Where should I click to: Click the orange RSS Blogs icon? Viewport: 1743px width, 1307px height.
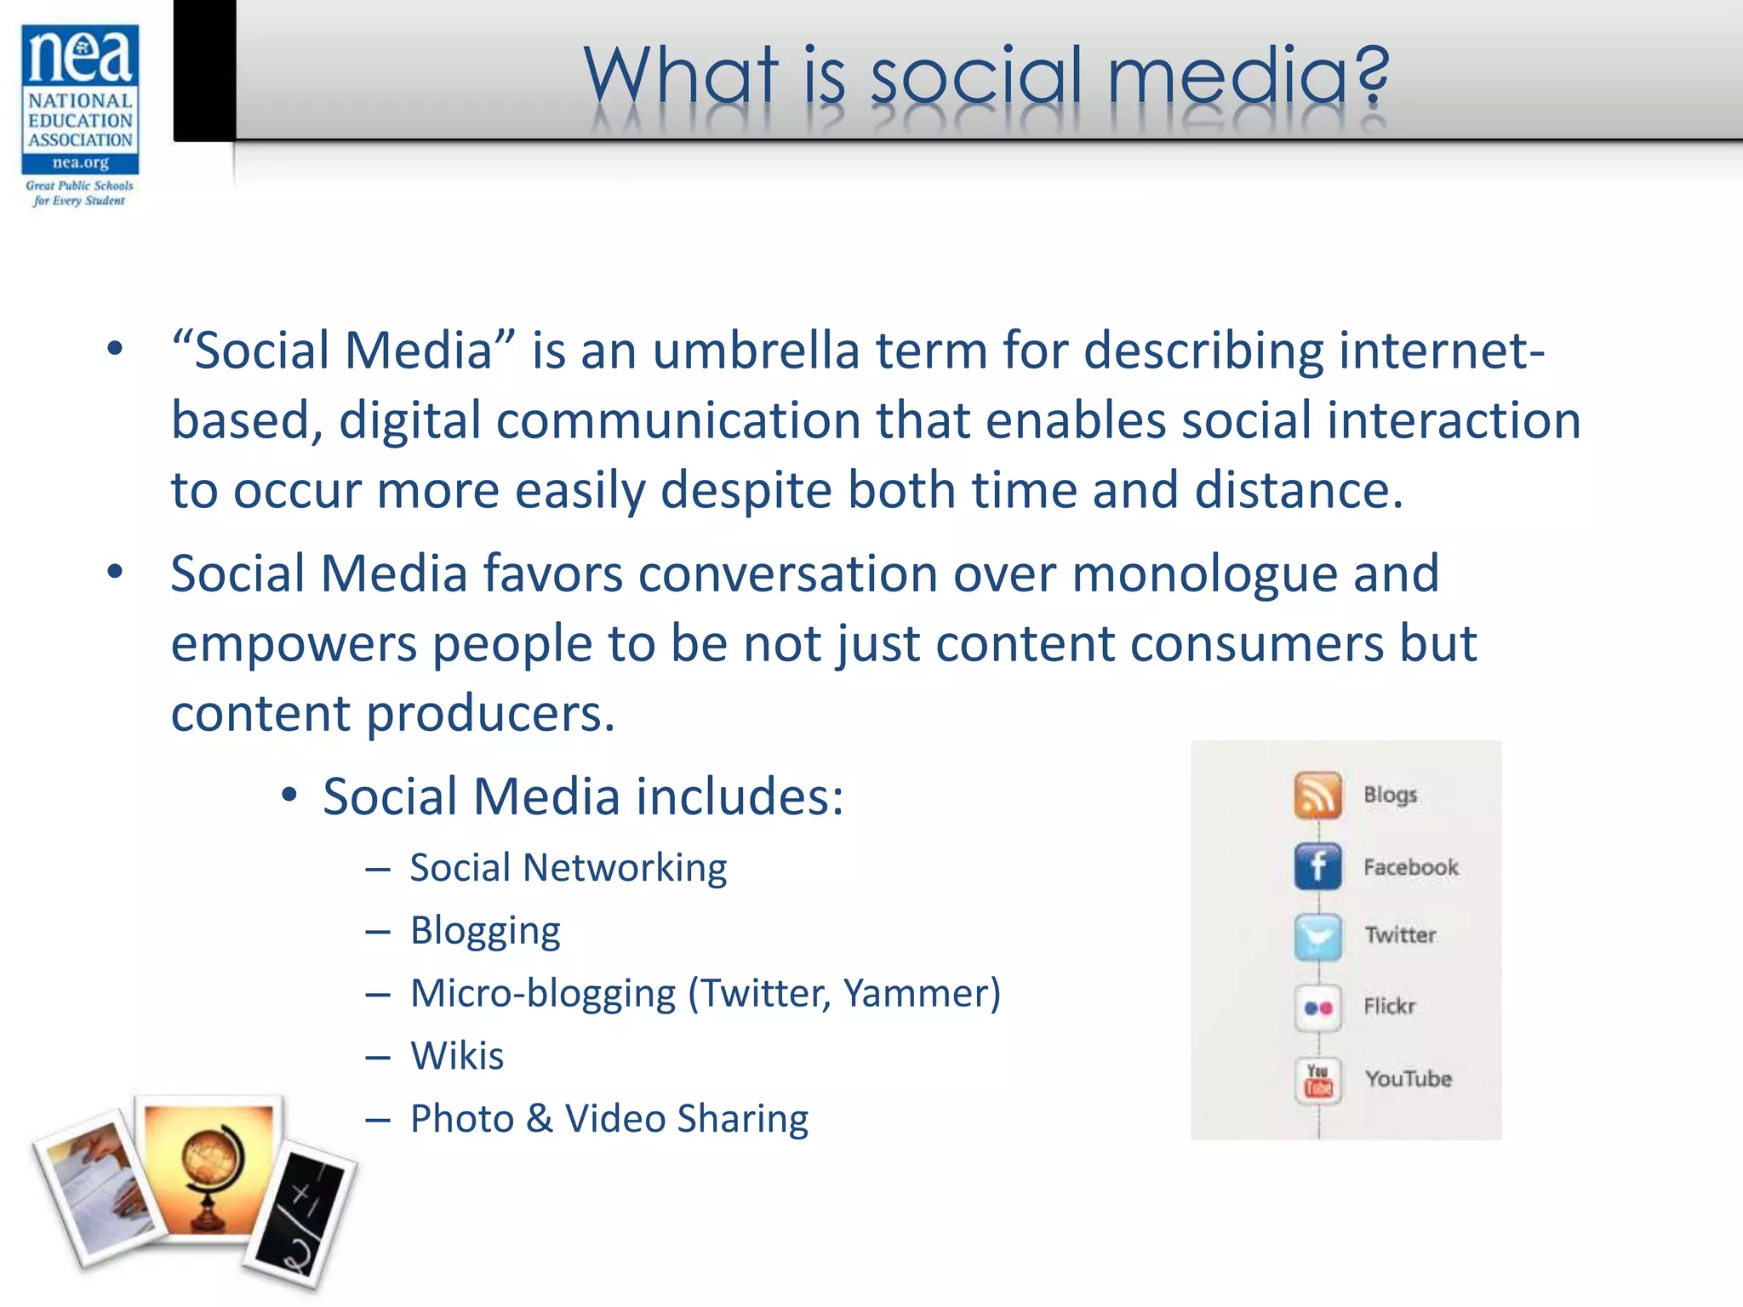pyautogui.click(x=1317, y=795)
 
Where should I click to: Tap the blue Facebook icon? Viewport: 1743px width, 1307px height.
pyautogui.click(x=1317, y=866)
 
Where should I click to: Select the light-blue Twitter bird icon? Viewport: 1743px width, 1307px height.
pyautogui.click(x=1317, y=937)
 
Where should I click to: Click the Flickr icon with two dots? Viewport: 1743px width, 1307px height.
pyautogui.click(x=1317, y=1008)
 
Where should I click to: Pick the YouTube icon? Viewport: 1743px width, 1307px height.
pyautogui.click(x=1317, y=1080)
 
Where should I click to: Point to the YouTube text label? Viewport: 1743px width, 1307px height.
pyautogui.click(x=1408, y=1079)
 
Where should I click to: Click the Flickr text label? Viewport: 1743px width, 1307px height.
pyautogui.click(x=1389, y=1007)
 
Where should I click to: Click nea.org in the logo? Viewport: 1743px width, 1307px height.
pyautogui.click(x=80, y=163)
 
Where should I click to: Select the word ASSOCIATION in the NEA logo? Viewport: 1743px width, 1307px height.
pyautogui.click(x=80, y=140)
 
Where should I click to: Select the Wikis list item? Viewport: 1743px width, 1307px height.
pyautogui.click(x=457, y=1056)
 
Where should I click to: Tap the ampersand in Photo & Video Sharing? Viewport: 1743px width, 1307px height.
pyautogui.click(x=539, y=1119)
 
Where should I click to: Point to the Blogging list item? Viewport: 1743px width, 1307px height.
pyautogui.click(x=485, y=931)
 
